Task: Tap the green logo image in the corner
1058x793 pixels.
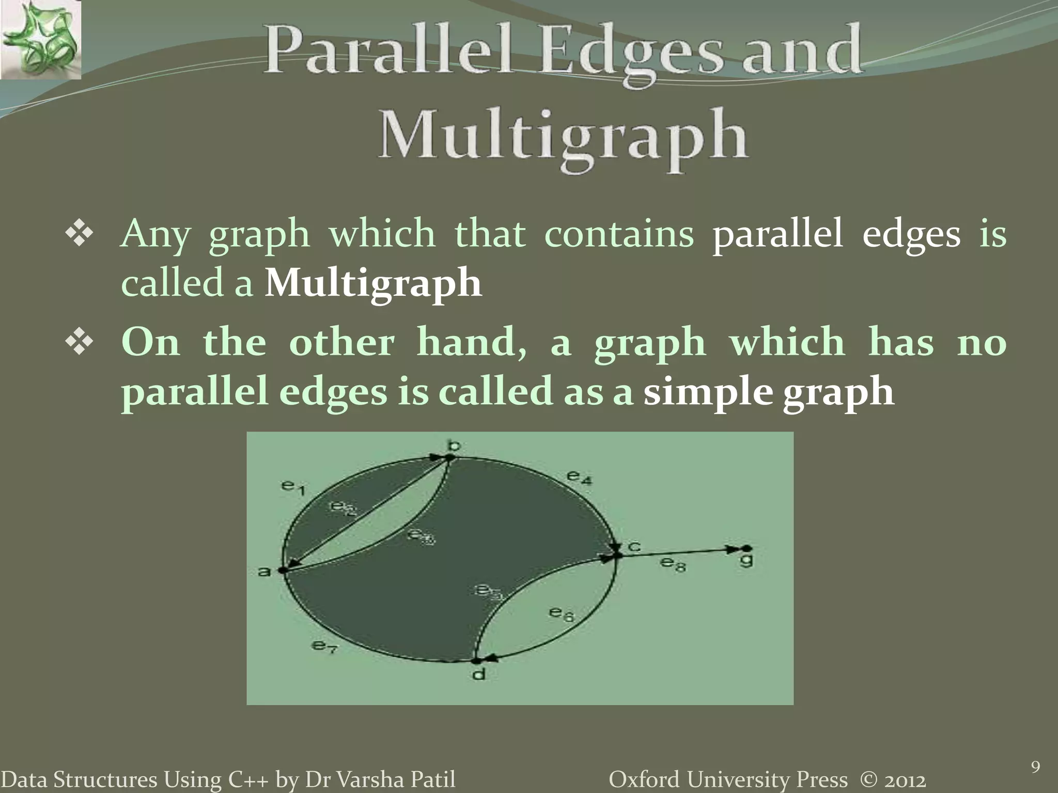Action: point(40,39)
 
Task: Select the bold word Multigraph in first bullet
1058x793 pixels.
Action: point(373,283)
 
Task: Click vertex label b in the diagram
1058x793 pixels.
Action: point(454,445)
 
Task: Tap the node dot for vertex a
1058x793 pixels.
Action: point(282,570)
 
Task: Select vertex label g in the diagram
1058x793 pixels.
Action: point(746,561)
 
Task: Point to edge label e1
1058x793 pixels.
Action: point(293,486)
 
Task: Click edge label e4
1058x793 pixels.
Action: point(579,476)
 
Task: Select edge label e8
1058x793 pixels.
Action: point(673,564)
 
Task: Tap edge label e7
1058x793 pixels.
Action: point(324,645)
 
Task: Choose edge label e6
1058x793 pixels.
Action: point(561,613)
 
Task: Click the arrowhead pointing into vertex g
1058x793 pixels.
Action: point(733,549)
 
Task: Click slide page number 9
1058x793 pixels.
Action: point(1035,767)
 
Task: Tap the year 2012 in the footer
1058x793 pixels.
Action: point(904,780)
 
